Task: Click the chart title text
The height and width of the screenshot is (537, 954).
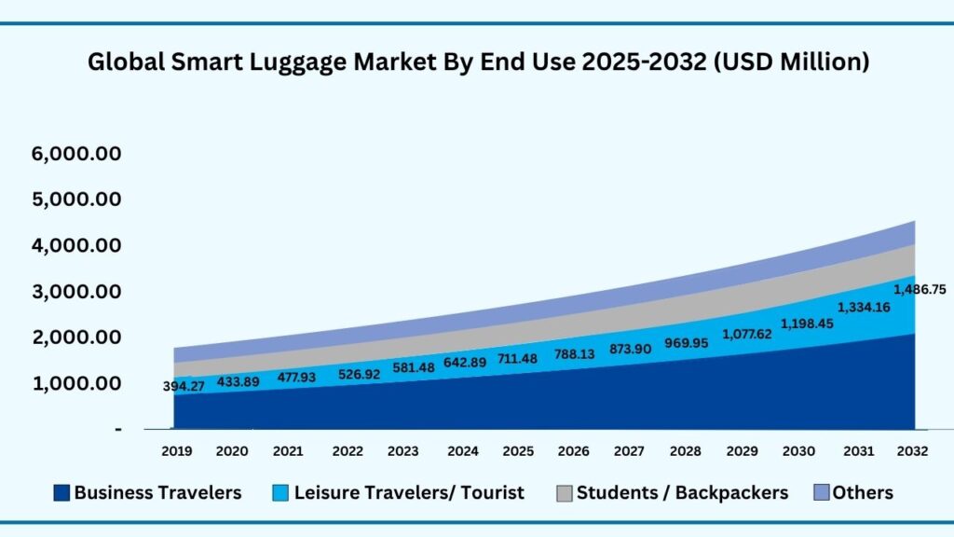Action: (x=478, y=62)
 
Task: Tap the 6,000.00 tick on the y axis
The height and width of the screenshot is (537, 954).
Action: (x=76, y=154)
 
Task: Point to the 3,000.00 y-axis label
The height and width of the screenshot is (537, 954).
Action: (x=76, y=292)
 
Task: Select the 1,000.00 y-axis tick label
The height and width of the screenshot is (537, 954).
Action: (x=76, y=383)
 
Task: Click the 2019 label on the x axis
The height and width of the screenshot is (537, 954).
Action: (x=176, y=451)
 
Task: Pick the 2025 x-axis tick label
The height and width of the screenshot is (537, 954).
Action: (x=518, y=451)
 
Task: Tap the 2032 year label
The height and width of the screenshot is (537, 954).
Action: (x=912, y=451)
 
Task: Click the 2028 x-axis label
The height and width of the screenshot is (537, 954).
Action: (x=686, y=451)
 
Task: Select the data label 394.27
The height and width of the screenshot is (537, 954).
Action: (x=184, y=386)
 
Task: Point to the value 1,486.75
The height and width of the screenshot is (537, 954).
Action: (x=920, y=290)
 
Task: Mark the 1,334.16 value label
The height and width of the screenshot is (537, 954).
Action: (x=864, y=306)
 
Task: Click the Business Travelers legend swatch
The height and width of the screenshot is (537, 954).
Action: (x=61, y=493)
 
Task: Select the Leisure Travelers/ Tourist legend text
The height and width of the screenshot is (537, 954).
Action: (x=409, y=493)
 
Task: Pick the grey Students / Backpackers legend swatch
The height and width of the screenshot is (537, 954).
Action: (x=563, y=493)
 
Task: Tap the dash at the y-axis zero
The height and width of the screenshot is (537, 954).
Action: (x=118, y=429)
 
